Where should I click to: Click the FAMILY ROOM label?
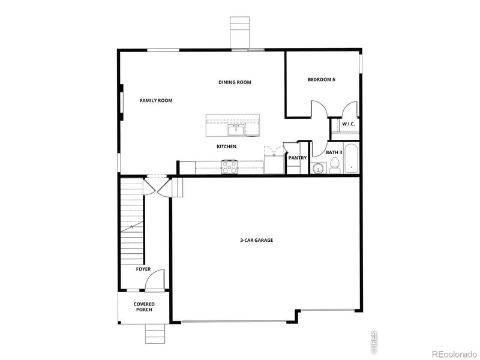(x=156, y=101)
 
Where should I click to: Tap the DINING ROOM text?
(x=235, y=82)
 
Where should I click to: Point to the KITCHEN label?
(x=226, y=146)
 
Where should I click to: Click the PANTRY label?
(x=297, y=158)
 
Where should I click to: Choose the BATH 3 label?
(x=334, y=152)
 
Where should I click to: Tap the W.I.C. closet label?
(x=348, y=124)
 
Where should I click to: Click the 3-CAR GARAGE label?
(x=257, y=240)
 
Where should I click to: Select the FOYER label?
(x=143, y=269)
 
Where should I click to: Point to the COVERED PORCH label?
(x=143, y=307)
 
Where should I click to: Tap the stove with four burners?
(x=230, y=166)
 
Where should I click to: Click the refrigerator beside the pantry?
(x=274, y=164)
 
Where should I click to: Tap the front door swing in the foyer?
(x=156, y=279)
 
